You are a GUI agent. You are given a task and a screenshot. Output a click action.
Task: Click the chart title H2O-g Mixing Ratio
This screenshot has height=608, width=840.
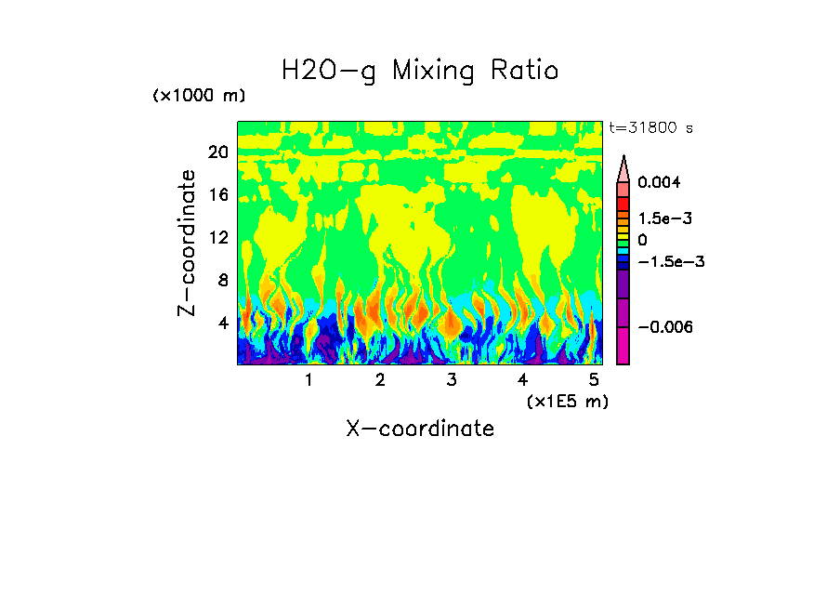point(420,71)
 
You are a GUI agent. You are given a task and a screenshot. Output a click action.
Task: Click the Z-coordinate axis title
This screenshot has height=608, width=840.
point(188,243)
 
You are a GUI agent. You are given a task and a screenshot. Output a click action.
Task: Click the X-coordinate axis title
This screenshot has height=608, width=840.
point(420,429)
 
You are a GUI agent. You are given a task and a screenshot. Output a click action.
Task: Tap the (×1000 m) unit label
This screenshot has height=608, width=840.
point(199,96)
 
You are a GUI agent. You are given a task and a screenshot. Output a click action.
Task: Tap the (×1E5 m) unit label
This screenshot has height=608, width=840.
point(567,401)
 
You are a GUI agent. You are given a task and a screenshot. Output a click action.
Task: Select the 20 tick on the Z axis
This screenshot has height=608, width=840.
point(217,152)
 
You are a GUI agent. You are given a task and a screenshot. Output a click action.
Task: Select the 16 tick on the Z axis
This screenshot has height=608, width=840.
point(217,195)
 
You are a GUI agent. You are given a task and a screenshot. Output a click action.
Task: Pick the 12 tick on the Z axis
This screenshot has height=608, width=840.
point(217,238)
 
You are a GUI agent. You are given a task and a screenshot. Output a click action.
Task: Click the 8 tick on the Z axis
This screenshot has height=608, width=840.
point(222,281)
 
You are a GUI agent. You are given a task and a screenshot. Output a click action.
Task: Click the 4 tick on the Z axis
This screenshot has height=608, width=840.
point(222,324)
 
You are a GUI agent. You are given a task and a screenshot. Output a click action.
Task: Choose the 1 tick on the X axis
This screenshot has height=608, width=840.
point(308,380)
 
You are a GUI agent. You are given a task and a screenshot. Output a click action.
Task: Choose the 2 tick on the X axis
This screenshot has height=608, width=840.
point(380,380)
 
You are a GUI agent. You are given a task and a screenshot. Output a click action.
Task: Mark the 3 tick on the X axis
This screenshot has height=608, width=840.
point(452,380)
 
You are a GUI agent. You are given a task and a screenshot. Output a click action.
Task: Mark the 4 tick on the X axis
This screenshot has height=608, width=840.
point(523,380)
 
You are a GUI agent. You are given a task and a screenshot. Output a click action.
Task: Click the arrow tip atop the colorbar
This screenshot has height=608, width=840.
point(623,158)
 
